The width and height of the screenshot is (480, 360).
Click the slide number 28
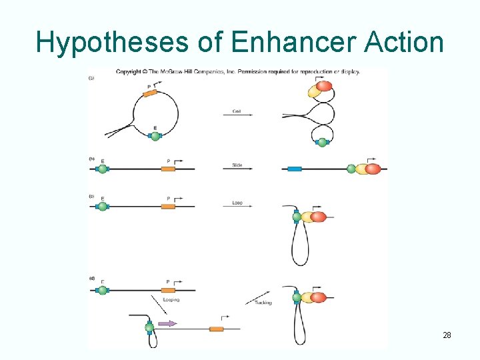coord(447,335)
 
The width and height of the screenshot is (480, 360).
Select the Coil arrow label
coord(237,111)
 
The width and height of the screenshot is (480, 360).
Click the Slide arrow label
coord(237,165)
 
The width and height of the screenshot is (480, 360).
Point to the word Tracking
coord(263,303)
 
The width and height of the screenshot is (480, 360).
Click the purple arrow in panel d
coord(167,323)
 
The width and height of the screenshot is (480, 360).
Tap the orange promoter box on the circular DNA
coord(150,93)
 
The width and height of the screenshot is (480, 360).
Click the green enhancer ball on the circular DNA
coord(155,136)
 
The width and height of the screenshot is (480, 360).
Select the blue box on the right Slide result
coord(294,169)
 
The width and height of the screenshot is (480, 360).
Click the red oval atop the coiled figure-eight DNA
coord(324,86)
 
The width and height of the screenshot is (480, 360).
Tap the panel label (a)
coord(91,78)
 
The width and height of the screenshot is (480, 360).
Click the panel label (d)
coord(91,278)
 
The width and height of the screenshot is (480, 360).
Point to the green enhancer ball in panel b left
coord(103,169)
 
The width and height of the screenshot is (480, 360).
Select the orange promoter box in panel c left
coord(168,207)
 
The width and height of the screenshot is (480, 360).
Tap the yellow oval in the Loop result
coord(308,217)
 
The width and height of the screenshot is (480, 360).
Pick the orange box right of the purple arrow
coord(216,329)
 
